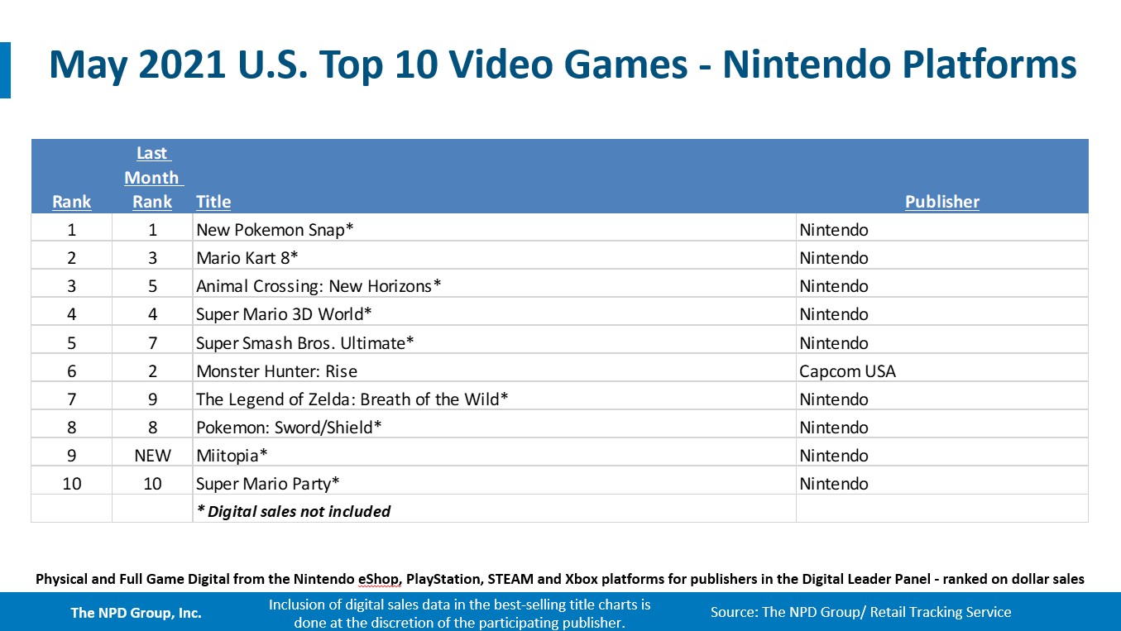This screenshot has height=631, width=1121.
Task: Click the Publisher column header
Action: [941, 202]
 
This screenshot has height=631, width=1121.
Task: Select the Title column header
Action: [213, 202]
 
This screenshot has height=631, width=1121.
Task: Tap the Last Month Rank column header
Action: [152, 178]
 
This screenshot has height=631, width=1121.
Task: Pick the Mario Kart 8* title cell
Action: [247, 258]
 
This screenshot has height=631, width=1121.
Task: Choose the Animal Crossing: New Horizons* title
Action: [319, 286]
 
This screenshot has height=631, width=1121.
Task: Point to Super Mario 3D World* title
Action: [284, 314]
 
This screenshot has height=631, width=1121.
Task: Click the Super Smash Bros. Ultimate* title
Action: [304, 342]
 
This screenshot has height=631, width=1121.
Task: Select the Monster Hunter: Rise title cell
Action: [276, 371]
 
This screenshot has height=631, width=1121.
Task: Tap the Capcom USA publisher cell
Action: [847, 371]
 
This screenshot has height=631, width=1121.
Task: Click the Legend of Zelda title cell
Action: [352, 399]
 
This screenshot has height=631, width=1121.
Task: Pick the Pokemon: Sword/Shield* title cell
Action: [289, 428]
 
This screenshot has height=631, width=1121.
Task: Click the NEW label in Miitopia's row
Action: [152, 456]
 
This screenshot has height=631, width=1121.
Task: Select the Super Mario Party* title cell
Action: [268, 484]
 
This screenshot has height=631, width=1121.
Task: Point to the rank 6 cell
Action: [72, 371]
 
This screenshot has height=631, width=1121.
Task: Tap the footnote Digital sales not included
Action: [294, 511]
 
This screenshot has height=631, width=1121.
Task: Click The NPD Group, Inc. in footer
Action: [136, 613]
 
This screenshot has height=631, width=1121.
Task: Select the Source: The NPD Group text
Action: [860, 613]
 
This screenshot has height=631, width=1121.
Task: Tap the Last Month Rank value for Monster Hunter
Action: [152, 371]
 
